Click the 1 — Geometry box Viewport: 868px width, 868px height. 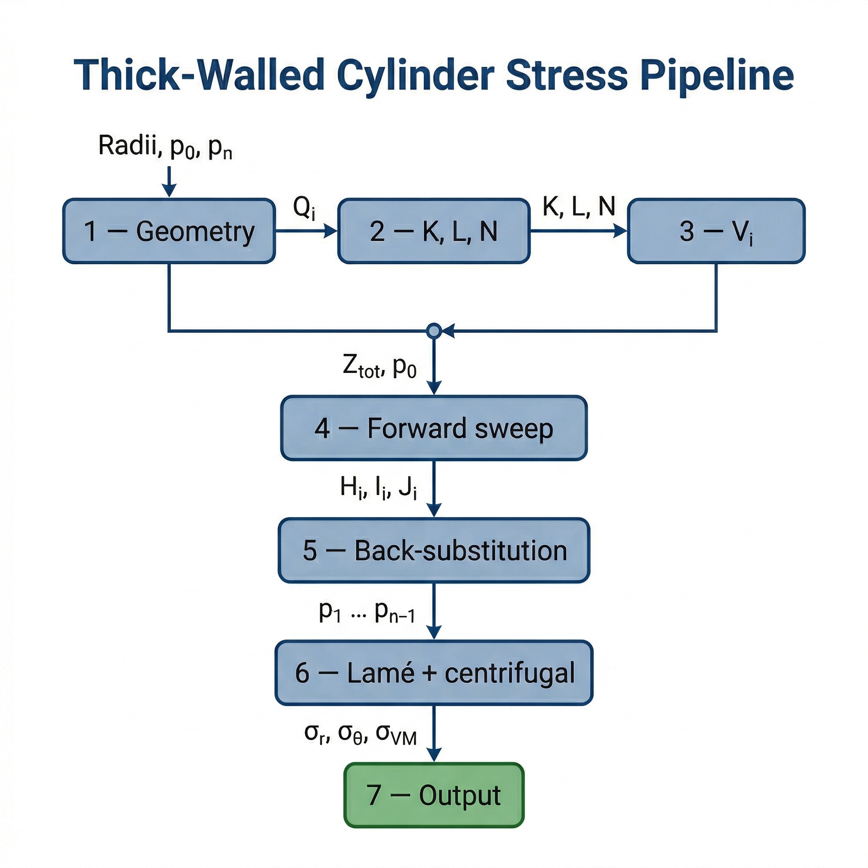[169, 231]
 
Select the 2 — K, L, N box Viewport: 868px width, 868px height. [434, 231]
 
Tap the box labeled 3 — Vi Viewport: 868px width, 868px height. [716, 231]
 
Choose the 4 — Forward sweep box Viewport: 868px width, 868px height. [434, 428]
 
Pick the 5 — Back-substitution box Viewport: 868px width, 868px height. [434, 551]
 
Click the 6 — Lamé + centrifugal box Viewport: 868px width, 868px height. [434, 673]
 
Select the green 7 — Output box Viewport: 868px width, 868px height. [434, 795]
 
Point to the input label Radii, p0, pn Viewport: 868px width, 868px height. [165, 147]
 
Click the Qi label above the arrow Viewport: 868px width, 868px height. [304, 208]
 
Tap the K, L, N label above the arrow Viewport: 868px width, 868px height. [578, 206]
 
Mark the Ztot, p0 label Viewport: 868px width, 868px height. [379, 366]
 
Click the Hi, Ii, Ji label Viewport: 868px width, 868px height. [378, 487]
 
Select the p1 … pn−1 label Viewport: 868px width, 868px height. [367, 612]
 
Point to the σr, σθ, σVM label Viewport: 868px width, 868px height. [360, 734]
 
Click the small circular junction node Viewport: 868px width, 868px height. [434, 331]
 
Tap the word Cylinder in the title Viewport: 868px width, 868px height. [416, 75]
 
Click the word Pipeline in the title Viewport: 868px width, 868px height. [717, 75]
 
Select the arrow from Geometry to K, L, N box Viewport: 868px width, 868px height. [306, 231]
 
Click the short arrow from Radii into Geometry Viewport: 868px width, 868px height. [169, 181]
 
